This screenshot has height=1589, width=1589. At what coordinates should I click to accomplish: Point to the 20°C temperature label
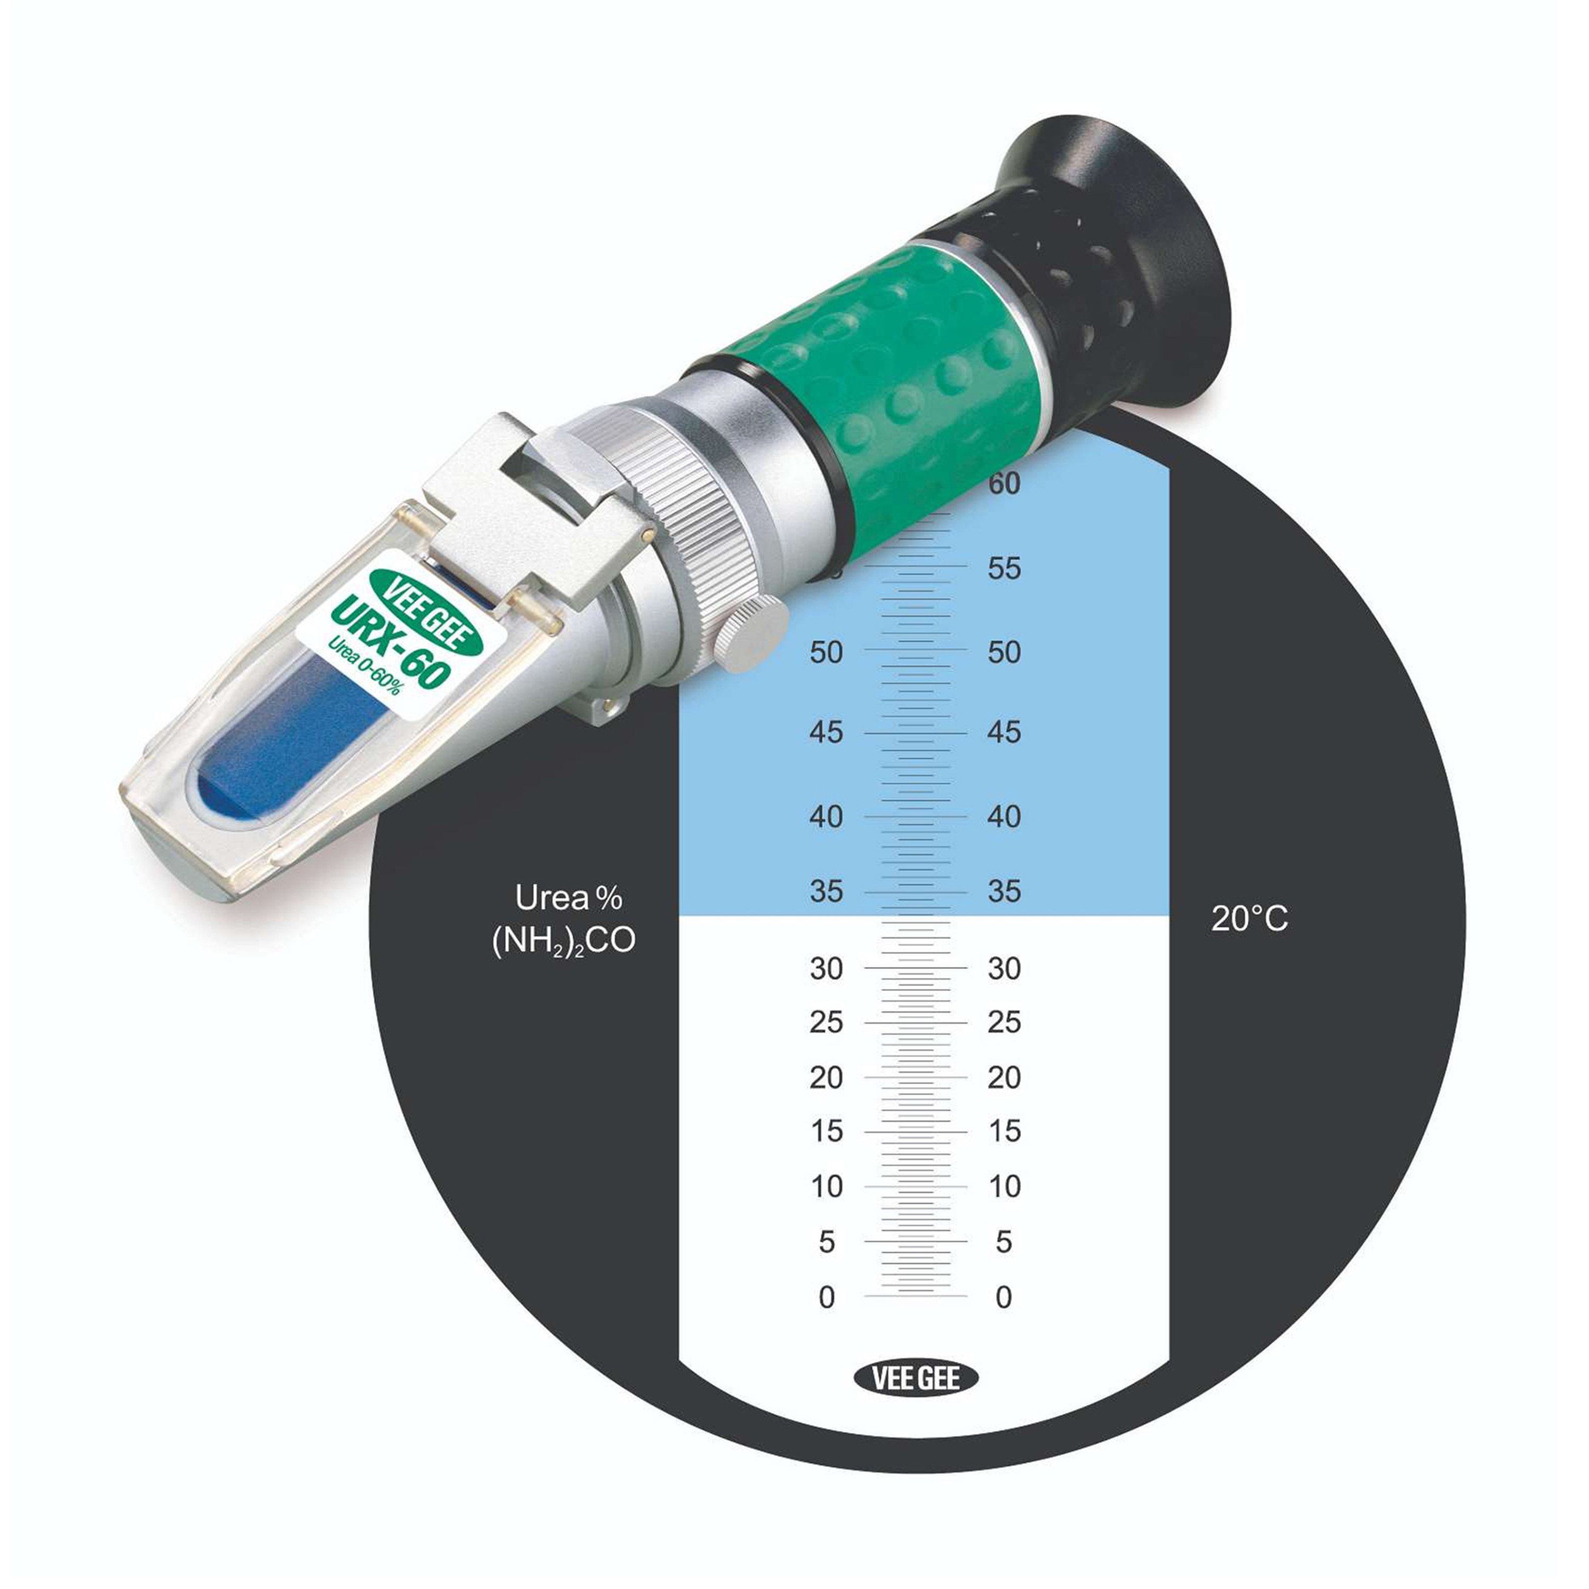click(x=1249, y=918)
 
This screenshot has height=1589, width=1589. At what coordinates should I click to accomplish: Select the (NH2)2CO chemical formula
click(x=564, y=941)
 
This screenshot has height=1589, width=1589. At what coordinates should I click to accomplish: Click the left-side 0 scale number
click(x=827, y=1297)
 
